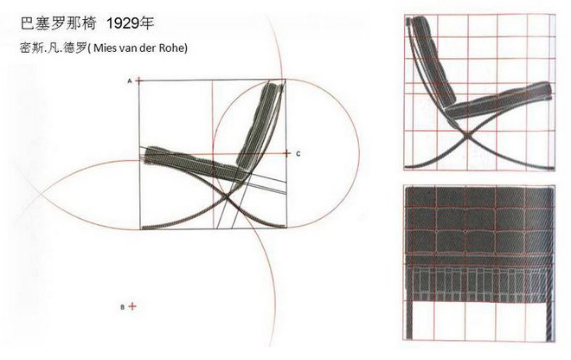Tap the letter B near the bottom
122,306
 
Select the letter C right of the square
298,153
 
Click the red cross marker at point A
138,80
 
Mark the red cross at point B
132,306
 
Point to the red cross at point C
287,153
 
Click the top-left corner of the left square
138,80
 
